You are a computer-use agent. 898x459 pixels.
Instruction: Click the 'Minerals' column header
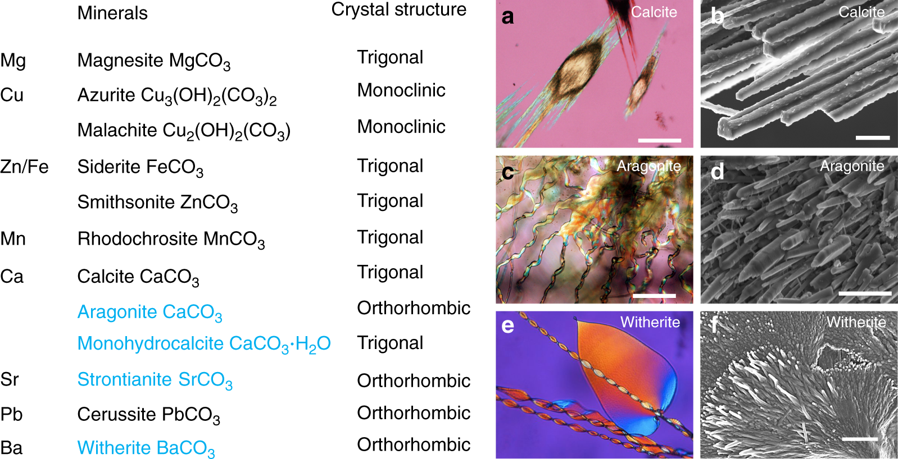(112, 13)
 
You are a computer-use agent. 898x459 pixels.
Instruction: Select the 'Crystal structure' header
(398, 10)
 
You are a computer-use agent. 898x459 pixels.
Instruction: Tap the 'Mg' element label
(13, 61)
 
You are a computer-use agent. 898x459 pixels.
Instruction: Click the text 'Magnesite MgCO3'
(153, 61)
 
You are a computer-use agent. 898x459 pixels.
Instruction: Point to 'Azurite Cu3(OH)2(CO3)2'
(176, 96)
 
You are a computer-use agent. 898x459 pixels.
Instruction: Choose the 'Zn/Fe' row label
(24, 167)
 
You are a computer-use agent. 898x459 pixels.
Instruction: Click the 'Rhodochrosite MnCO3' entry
(171, 240)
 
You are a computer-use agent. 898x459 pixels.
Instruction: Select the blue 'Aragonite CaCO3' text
(149, 313)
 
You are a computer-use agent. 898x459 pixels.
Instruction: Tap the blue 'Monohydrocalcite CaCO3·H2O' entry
(203, 344)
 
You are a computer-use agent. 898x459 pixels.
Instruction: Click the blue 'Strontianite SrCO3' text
(155, 380)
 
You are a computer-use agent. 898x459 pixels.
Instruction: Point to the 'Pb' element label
(11, 414)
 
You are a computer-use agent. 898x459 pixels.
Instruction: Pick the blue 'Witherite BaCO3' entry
(146, 448)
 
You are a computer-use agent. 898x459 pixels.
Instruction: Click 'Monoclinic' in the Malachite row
(401, 127)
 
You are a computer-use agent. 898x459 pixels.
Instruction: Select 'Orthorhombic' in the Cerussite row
(414, 413)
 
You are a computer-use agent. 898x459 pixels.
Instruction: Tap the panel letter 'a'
(508, 17)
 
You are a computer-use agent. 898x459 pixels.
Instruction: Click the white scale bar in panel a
(659, 140)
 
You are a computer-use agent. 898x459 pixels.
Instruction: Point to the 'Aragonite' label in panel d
(851, 166)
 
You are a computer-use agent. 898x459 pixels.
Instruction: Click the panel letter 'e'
(507, 326)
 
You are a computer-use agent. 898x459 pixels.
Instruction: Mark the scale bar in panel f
(860, 439)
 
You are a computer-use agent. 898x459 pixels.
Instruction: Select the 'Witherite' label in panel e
(650, 322)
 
